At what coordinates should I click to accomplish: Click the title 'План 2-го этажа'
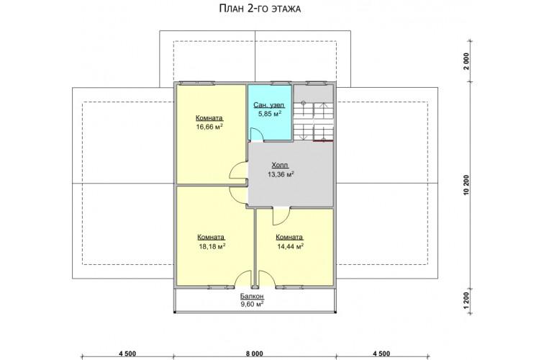pyautogui.click(x=260, y=9)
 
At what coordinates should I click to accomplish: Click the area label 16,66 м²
pyautogui.click(x=209, y=127)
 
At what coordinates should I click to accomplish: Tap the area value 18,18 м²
pyautogui.click(x=212, y=246)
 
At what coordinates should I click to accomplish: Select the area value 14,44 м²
pyautogui.click(x=291, y=246)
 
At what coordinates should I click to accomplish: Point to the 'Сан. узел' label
pyautogui.click(x=269, y=105)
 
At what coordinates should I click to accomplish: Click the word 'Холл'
pyautogui.click(x=280, y=166)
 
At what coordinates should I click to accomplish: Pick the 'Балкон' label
pyautogui.click(x=253, y=296)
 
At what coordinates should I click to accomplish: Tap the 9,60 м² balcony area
pyautogui.click(x=253, y=305)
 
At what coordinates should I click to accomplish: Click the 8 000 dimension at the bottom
pyautogui.click(x=254, y=354)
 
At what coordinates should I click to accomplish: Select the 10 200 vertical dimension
pyautogui.click(x=466, y=185)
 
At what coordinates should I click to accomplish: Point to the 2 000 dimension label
pyautogui.click(x=466, y=61)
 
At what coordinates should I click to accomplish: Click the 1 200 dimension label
pyautogui.click(x=466, y=300)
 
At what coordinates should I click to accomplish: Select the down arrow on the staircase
pyautogui.click(x=304, y=132)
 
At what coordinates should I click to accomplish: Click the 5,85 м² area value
pyautogui.click(x=269, y=114)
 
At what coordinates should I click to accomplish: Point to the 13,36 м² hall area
pyautogui.click(x=281, y=174)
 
